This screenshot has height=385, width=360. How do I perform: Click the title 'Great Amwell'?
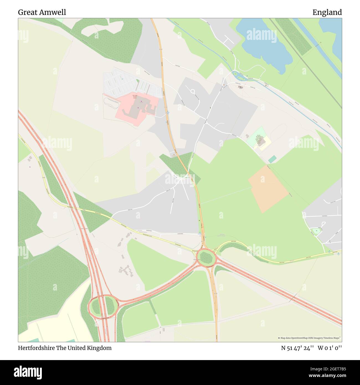tap(42, 12)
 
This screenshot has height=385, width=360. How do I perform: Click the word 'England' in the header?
tap(327, 12)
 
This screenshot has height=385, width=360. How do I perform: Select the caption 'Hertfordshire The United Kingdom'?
tap(65, 348)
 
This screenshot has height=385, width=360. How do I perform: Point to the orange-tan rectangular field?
tap(268, 188)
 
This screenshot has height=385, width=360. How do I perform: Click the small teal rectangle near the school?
tap(272, 159)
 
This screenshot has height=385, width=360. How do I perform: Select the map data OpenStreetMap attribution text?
tap(309, 338)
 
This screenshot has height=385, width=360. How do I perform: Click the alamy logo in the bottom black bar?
tap(28, 372)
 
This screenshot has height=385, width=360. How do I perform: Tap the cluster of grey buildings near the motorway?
tap(126, 270)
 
